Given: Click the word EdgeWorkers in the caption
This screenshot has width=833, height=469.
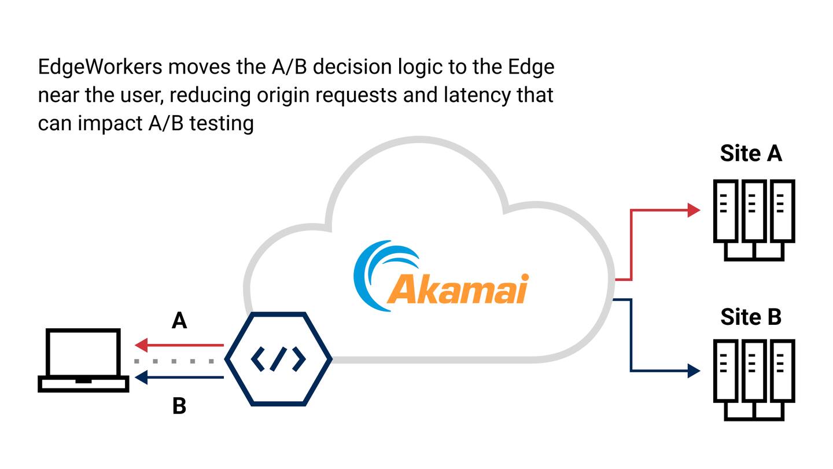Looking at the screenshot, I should [x=99, y=67].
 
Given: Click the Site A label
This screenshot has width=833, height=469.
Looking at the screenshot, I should [x=751, y=153].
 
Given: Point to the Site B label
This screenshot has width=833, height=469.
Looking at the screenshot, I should [x=751, y=317].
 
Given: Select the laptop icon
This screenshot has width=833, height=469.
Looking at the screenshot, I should [x=83, y=360].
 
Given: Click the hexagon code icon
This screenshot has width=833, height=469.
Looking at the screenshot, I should [x=278, y=359].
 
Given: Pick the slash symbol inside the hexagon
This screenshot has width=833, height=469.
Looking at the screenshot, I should [x=278, y=359].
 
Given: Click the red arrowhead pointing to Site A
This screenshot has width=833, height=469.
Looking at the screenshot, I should [x=694, y=210].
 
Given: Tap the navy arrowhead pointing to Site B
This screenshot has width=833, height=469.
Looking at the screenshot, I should [x=694, y=370].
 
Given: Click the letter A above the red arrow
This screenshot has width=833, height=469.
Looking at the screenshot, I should [x=179, y=321].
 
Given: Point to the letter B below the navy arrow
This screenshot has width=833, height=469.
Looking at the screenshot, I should [x=179, y=406].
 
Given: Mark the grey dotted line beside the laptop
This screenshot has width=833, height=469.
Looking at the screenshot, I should [x=174, y=361].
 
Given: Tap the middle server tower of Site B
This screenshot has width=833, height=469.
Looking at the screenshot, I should [x=754, y=371].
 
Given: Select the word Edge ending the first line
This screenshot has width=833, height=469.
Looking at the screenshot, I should [x=531, y=67].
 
